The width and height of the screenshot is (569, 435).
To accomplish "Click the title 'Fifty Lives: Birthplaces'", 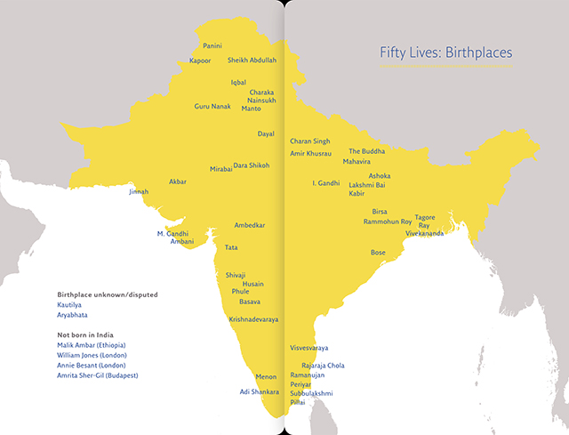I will [445, 53].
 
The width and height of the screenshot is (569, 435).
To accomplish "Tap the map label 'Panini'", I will [212, 45].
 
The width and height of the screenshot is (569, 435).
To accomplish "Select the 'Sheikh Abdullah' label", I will [252, 60].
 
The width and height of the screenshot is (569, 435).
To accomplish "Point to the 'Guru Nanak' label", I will [212, 107].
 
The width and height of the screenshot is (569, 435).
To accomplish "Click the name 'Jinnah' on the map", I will [139, 191].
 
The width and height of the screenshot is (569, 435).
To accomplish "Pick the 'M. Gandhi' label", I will [173, 233].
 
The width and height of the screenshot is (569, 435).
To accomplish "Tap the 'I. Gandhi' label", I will [325, 183].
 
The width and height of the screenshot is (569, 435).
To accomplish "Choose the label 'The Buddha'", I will [367, 152].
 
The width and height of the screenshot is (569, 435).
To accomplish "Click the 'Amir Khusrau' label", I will [310, 154].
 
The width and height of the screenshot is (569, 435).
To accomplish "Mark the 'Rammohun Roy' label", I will [388, 222].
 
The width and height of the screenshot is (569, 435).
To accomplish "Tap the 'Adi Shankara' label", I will [259, 391].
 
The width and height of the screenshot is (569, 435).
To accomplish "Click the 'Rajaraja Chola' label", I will [324, 366].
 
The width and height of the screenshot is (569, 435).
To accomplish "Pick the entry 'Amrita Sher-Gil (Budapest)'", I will [105, 375].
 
